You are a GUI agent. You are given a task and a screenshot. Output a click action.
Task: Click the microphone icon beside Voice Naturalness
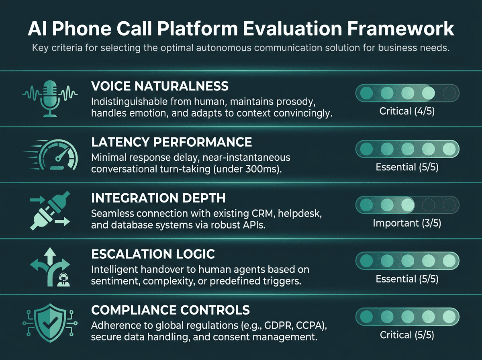[x=50, y=99]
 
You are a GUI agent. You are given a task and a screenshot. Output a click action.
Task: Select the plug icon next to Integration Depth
[x=50, y=211]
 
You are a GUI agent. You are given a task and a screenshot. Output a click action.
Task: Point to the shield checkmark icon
[x=50, y=323]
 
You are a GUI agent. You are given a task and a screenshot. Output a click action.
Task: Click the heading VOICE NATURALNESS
[x=159, y=86]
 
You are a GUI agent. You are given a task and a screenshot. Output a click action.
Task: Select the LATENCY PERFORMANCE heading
[x=172, y=142]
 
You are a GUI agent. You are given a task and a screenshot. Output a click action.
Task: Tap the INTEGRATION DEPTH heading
[x=158, y=198]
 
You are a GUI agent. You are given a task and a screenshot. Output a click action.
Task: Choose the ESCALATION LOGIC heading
[x=153, y=254]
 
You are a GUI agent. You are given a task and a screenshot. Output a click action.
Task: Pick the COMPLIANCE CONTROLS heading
[x=170, y=310]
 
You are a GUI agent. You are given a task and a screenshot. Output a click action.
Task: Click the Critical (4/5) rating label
[x=407, y=111]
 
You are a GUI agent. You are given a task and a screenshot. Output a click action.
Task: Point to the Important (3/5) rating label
[x=407, y=223]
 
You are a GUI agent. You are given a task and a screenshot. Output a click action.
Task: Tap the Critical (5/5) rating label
[x=407, y=335]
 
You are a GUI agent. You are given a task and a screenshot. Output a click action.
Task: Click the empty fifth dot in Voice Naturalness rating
[x=449, y=93]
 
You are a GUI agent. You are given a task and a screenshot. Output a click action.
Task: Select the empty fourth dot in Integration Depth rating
[x=428, y=205]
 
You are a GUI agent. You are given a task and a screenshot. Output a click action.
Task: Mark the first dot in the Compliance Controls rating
[x=366, y=317]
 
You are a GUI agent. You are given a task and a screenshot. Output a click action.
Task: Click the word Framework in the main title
[x=401, y=29]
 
